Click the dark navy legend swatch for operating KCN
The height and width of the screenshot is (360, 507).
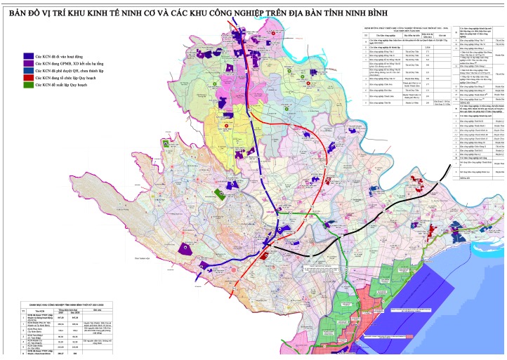point(28,55)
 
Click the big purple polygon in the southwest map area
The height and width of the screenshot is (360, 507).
point(185,248)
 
